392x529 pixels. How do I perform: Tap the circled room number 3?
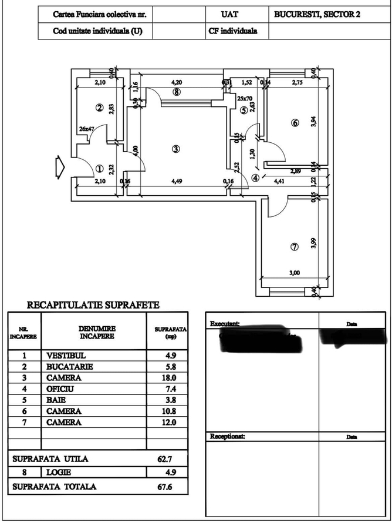tap(176, 149)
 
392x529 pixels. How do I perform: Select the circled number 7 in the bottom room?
tap(295, 247)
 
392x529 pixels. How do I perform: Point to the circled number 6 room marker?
tap(295, 123)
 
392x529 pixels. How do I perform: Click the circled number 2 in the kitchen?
tap(100, 108)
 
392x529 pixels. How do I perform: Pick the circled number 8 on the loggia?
tap(176, 92)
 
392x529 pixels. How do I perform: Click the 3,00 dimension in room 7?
tap(294, 272)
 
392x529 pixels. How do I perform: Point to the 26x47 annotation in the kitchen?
tap(87, 129)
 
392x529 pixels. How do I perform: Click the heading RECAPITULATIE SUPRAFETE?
tap(93, 305)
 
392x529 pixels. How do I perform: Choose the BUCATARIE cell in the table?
tap(70, 366)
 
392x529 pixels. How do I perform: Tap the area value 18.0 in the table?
tap(167, 377)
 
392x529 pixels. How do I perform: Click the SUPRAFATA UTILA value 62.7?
tap(165, 459)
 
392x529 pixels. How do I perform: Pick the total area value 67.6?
tap(165, 486)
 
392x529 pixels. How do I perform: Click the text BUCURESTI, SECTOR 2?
tap(317, 14)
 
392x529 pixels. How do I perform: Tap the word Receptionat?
tap(228, 436)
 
